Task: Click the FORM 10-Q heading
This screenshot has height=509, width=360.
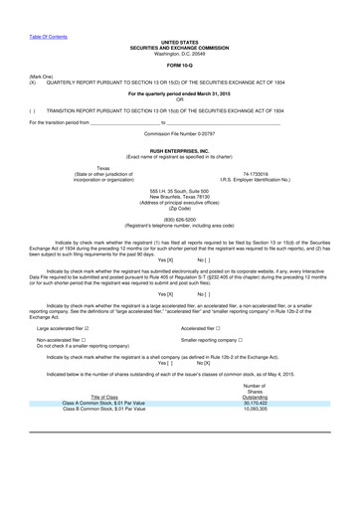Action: pos(179,68)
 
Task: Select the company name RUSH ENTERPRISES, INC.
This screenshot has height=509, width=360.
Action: pos(179,150)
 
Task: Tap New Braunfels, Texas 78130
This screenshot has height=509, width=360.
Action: pos(179,196)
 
